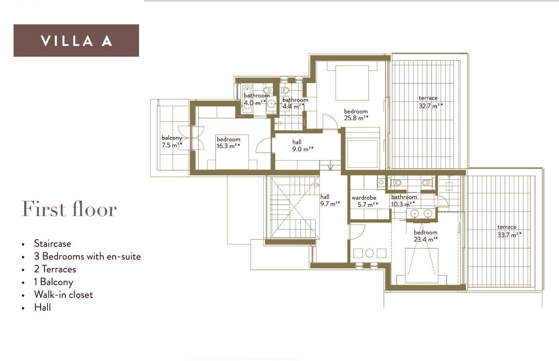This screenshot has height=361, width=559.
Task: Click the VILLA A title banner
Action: pyautogui.click(x=76, y=40)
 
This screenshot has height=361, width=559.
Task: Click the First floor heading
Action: pyautogui.click(x=69, y=208)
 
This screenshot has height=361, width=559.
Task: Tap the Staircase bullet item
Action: pyautogui.click(x=52, y=244)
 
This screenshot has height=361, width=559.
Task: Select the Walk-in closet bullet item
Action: pyautogui.click(x=64, y=295)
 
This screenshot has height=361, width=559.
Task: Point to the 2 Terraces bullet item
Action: pyautogui.click(x=55, y=269)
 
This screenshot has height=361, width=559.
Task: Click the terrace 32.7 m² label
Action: pyautogui.click(x=431, y=102)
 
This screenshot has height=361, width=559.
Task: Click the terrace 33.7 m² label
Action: pyautogui.click(x=509, y=231)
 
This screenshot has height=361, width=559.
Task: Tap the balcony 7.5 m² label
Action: pyautogui.click(x=172, y=141)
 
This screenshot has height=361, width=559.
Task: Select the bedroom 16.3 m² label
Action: pyautogui.click(x=228, y=143)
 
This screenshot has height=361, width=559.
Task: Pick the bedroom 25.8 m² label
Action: pyautogui.click(x=356, y=115)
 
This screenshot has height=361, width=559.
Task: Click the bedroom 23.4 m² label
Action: pyautogui.click(x=426, y=236)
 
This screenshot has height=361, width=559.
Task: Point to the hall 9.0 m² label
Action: pyautogui.click(x=303, y=146)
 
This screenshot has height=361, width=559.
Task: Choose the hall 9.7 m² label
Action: pyautogui.click(x=330, y=200)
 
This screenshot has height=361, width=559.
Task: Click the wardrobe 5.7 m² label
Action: pyautogui.click(x=364, y=201)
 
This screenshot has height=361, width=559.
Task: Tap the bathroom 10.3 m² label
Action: pyautogui.click(x=404, y=200)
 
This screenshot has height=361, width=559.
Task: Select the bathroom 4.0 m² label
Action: pyautogui.click(x=256, y=99)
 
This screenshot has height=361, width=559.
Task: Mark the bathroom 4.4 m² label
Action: pyautogui.click(x=295, y=103)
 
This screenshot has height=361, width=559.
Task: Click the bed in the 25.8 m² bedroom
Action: pyautogui.click(x=352, y=83)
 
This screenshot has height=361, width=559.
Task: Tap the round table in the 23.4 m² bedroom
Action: pyautogui.click(x=369, y=253)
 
